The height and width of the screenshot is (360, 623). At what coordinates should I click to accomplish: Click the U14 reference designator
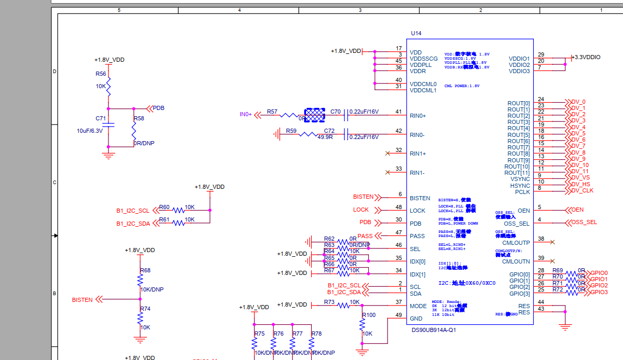(x=416, y=33)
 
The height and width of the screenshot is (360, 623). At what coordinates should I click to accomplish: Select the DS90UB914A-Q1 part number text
(x=434, y=330)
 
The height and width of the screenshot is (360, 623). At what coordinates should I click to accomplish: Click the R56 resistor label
(x=101, y=74)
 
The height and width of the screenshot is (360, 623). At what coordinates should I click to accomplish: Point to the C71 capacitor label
(x=101, y=118)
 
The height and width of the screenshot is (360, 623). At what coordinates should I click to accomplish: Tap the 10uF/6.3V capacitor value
(x=90, y=131)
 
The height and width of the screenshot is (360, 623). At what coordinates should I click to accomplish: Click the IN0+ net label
(x=245, y=114)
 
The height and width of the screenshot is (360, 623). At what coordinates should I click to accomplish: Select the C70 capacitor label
(x=336, y=112)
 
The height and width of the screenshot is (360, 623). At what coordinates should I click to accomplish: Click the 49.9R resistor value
(x=325, y=137)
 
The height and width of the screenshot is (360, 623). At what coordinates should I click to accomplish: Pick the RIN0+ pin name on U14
(x=418, y=116)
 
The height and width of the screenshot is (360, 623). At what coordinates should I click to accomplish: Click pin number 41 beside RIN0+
(x=398, y=112)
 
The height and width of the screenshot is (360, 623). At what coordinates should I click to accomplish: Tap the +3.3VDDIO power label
(x=587, y=57)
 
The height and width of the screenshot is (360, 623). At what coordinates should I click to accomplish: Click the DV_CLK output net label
(x=582, y=190)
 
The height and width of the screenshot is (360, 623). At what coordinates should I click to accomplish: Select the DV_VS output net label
(x=580, y=177)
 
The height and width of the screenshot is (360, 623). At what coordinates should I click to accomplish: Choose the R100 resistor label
(x=369, y=315)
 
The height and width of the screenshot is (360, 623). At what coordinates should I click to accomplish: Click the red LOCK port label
(x=361, y=210)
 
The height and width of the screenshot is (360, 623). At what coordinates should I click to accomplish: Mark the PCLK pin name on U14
(x=522, y=192)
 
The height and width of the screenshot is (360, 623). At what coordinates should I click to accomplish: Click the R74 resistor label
(x=145, y=309)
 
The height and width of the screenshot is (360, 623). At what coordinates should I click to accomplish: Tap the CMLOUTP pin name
(x=516, y=242)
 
